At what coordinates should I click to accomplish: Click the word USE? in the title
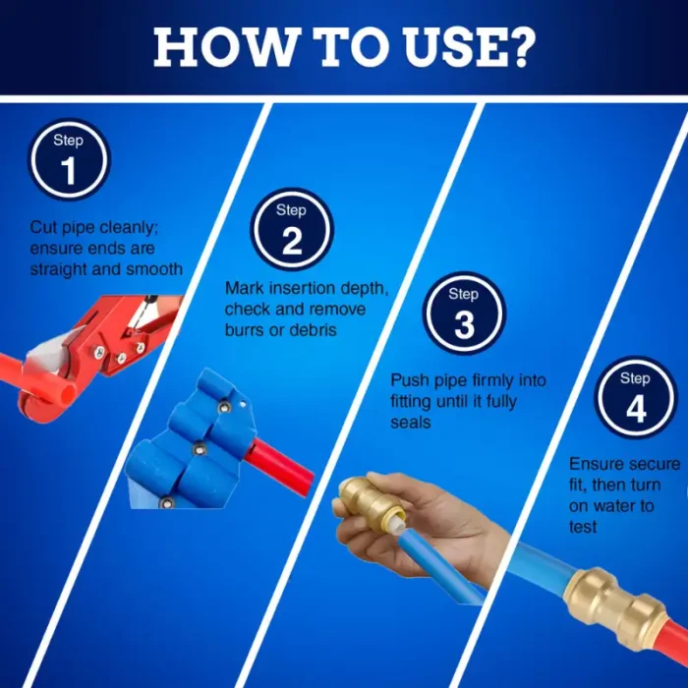tap(470, 47)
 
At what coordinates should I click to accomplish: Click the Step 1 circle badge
tap(69, 159)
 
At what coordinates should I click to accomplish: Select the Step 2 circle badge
tap(292, 229)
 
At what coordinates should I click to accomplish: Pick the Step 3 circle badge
tap(464, 314)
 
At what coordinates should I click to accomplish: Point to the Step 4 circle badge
tap(636, 397)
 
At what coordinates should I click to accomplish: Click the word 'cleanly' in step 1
tap(129, 228)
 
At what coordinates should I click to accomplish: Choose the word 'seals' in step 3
tap(411, 422)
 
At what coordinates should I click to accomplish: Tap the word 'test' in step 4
tap(583, 527)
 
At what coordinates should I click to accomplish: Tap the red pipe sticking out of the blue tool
tap(279, 467)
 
